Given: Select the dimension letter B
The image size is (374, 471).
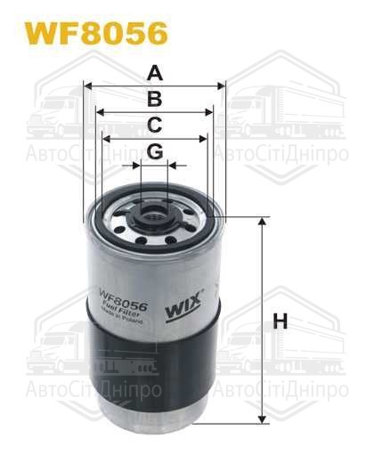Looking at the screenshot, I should [155, 99].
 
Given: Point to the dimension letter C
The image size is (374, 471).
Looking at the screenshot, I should [155, 125].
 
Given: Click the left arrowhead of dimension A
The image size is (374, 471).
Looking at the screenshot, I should [86, 86].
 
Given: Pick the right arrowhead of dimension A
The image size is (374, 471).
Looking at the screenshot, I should [224, 86].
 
